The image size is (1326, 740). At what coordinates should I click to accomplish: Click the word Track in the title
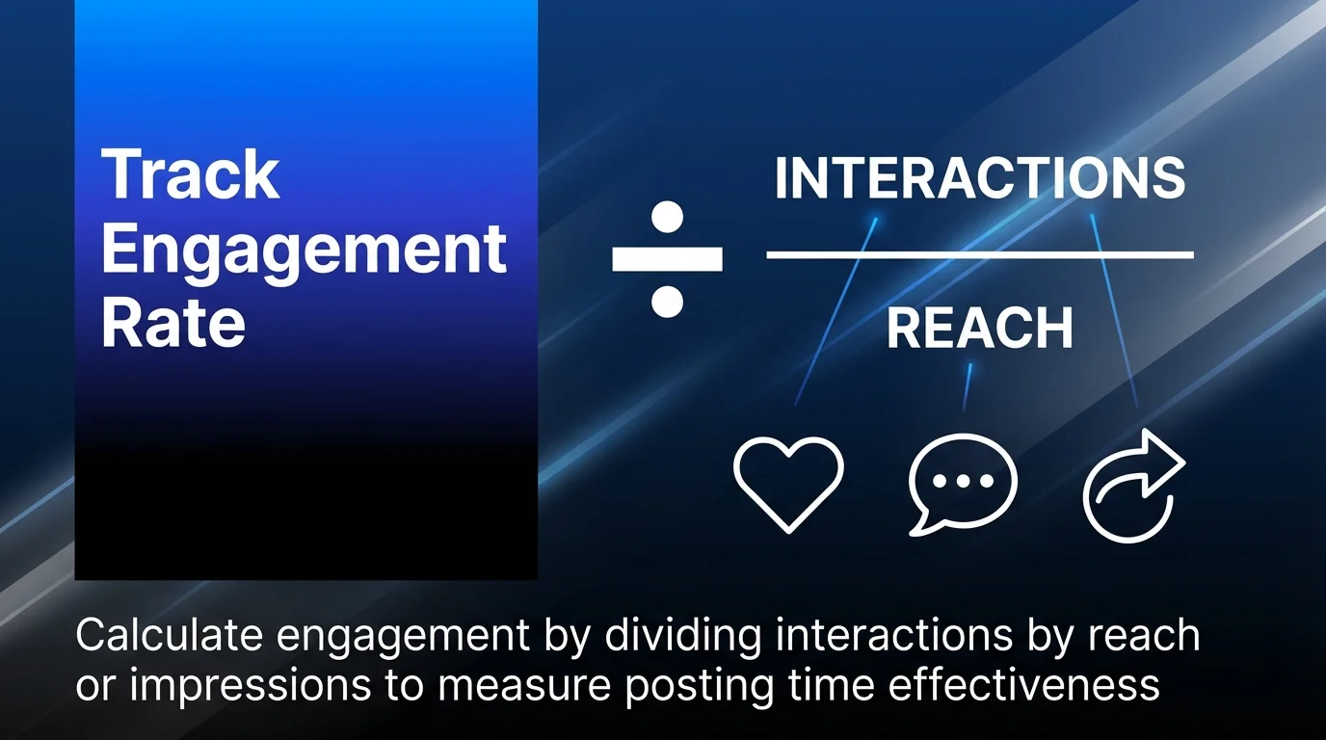click(x=190, y=174)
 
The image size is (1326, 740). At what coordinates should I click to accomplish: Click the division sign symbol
click(x=667, y=258)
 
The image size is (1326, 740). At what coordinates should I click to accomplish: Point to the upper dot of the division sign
click(x=667, y=216)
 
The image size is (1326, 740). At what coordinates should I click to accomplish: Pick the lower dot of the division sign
click(x=667, y=302)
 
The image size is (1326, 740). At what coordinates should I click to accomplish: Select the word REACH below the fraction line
click(x=979, y=329)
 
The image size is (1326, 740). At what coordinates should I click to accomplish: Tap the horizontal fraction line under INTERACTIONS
click(x=980, y=255)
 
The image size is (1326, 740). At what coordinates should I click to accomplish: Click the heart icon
click(x=788, y=483)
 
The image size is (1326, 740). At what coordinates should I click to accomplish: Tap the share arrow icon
click(x=1133, y=485)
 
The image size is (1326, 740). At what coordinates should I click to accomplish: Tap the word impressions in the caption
click(x=250, y=685)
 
